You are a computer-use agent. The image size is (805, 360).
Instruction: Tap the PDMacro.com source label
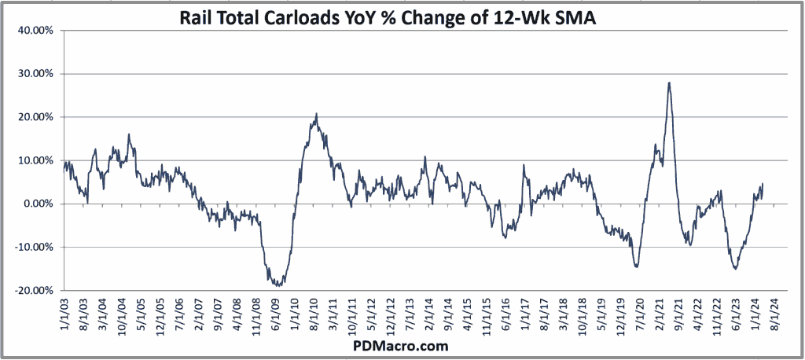pos(402,345)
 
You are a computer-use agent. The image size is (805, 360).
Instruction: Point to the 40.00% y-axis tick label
pos(32,31)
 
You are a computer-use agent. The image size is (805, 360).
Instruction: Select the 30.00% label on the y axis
pos(32,74)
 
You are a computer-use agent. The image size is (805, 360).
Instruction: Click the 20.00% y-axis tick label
pos(32,117)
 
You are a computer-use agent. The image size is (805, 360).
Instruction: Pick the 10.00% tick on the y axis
pos(32,160)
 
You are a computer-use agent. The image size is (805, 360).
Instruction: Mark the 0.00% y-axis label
pos(35,204)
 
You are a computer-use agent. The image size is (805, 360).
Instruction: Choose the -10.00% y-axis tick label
pos(31,247)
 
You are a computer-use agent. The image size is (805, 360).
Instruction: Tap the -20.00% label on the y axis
pos(31,290)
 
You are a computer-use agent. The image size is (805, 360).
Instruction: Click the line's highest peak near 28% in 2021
pos(668,83)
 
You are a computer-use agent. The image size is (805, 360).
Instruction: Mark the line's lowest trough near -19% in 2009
pos(278,285)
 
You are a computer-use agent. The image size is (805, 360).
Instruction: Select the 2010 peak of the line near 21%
pos(316,114)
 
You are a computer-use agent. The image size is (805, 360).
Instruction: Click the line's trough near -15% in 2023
pos(736,269)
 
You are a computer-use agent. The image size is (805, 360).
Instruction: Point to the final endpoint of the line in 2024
pos(763,186)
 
